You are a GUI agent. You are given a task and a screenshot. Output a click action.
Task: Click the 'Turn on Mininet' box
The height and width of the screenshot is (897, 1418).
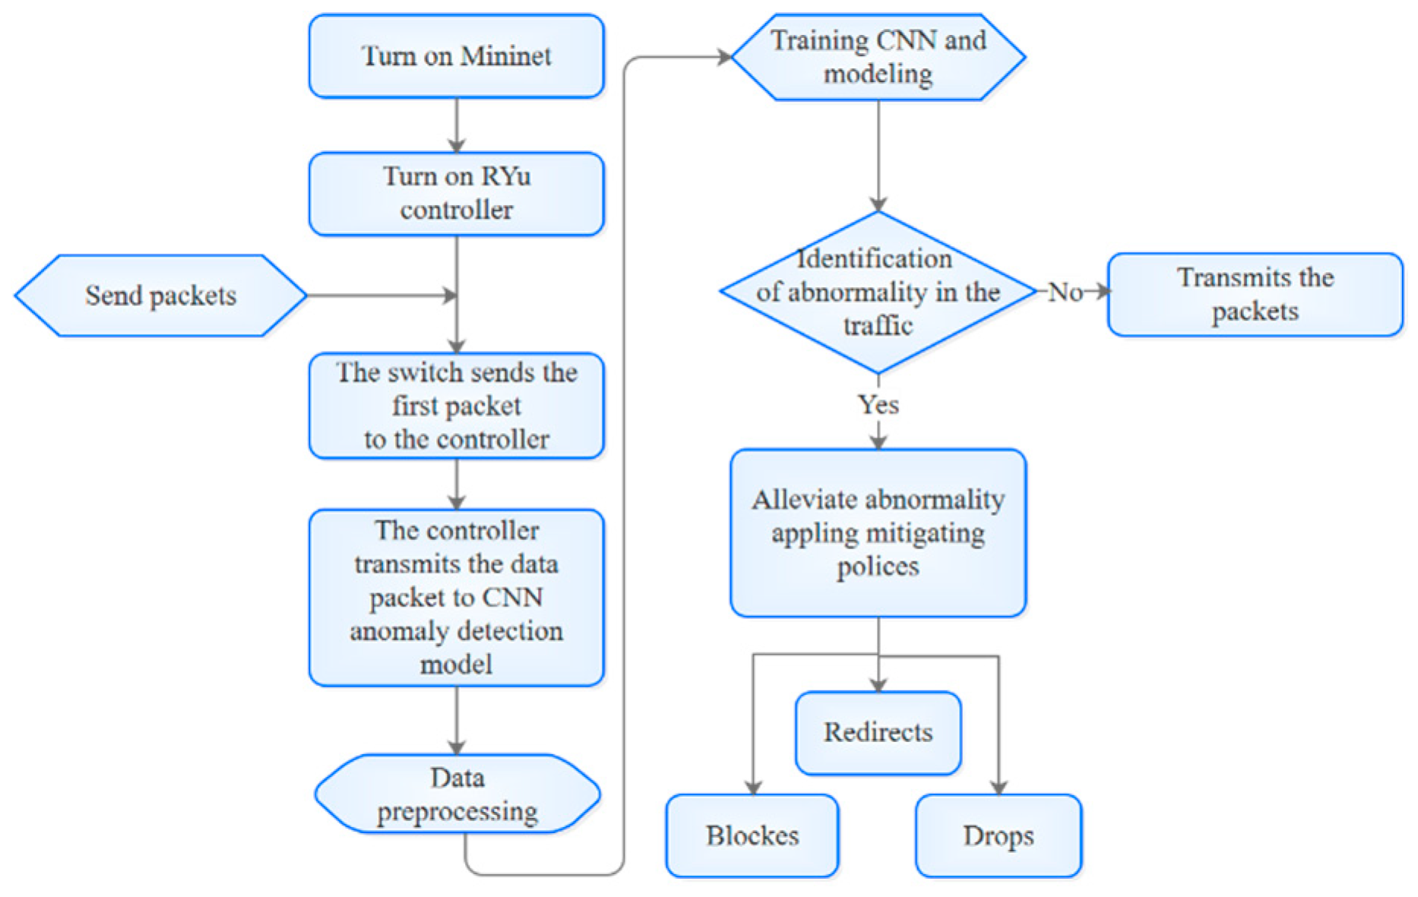pos(456,56)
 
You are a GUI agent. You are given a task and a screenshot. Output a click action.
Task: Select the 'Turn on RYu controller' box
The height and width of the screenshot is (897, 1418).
pos(456,194)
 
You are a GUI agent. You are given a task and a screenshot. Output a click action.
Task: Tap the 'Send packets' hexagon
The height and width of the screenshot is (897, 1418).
pos(160,295)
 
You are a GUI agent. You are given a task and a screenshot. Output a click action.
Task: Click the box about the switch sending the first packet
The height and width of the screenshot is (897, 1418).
pos(456,406)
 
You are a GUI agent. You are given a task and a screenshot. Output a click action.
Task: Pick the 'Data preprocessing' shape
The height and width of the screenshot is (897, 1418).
pos(457,794)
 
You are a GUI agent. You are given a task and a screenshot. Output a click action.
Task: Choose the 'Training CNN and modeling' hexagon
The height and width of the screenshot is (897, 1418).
pos(878,57)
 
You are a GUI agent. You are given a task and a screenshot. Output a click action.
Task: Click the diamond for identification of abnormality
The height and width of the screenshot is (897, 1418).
pos(878,292)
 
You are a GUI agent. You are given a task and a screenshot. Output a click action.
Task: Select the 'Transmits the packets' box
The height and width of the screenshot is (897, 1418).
pos(1255,295)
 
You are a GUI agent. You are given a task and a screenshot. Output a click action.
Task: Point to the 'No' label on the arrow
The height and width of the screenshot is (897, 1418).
pos(1065,292)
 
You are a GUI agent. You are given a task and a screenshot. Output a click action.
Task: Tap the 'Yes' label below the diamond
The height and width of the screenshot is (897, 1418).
pos(878,404)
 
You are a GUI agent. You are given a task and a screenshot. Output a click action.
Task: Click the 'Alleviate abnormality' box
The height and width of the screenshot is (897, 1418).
pos(878,532)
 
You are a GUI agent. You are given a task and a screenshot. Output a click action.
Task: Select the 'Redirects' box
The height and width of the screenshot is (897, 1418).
pos(878,732)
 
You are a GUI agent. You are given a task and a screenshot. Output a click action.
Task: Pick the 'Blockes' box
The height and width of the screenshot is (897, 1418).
pos(752,835)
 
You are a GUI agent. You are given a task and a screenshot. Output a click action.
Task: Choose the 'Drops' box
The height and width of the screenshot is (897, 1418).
pos(998,835)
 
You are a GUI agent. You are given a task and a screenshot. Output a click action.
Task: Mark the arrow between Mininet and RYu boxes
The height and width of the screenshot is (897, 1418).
pos(457,125)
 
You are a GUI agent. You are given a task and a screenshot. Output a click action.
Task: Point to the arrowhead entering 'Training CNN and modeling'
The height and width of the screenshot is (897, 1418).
pos(723,57)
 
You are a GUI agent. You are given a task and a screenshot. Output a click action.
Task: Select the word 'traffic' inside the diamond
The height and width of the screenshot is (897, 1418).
pos(878,326)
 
